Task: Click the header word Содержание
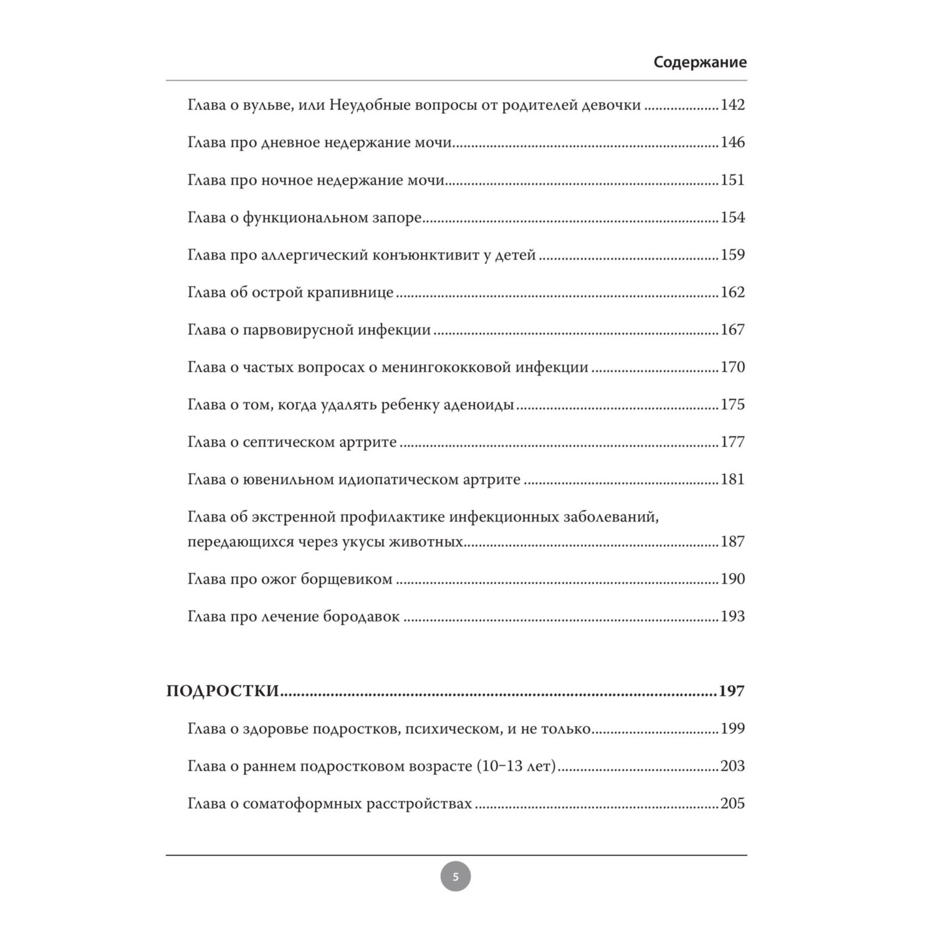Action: (700, 62)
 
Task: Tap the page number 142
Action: (732, 105)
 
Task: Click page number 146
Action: (732, 143)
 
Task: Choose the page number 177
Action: (732, 442)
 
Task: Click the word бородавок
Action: (362, 616)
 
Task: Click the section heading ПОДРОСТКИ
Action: (222, 692)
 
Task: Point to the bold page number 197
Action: (731, 692)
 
